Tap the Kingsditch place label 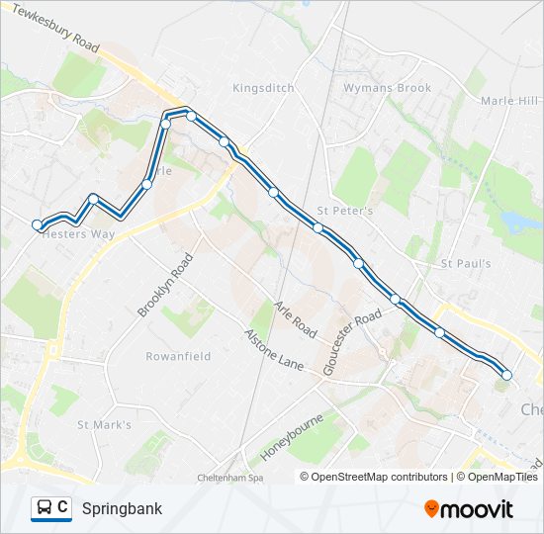point(263,88)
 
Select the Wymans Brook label point(387,88)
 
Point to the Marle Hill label point(510,101)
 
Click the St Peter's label point(344,211)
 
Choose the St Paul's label point(466,264)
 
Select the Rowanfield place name point(178,356)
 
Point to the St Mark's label point(104,425)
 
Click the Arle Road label point(295,317)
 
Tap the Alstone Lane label point(273,350)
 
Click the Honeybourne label point(293,437)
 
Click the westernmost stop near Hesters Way point(38,225)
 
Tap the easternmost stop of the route point(506,375)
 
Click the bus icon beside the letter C point(44,508)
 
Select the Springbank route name point(122,509)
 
